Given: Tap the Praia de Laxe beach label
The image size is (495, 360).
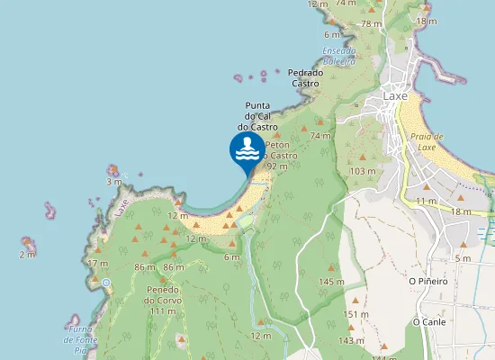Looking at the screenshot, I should [423, 140].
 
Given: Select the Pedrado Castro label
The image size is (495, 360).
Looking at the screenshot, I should [305, 78].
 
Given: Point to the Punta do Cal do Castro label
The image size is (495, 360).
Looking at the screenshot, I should [256, 116].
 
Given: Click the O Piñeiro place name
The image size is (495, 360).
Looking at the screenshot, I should [427, 281].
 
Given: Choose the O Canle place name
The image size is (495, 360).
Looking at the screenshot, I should [429, 321].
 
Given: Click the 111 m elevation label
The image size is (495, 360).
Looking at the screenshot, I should [162, 310].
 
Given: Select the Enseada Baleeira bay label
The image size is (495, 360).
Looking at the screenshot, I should [339, 56].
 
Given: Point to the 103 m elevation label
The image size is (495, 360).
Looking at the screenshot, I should [363, 171].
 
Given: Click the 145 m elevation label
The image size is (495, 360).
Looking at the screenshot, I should [332, 282].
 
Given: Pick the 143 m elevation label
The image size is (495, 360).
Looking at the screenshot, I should [351, 340].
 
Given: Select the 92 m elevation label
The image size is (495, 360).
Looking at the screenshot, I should [277, 166].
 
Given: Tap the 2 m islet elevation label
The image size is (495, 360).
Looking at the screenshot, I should [27, 255].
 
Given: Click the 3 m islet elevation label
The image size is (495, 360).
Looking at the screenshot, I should [113, 182].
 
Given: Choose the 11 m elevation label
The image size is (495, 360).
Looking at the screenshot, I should [426, 200].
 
